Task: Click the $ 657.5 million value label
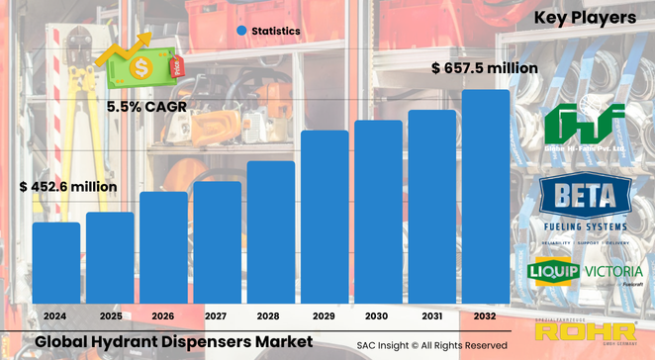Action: pos(485,68)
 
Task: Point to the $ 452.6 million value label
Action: pos(68,186)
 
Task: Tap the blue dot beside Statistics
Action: pos(240,31)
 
